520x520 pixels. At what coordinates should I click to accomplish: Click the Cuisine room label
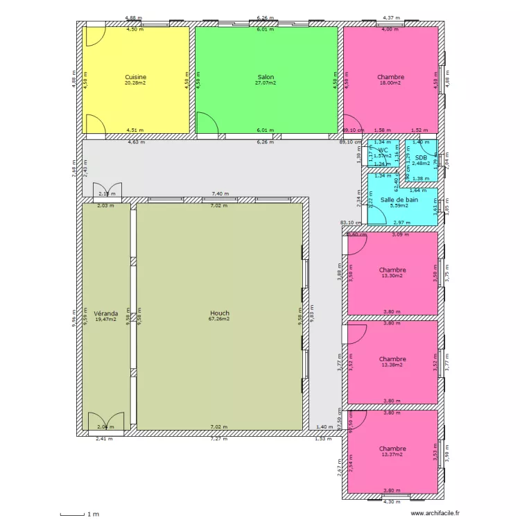tap(135, 77)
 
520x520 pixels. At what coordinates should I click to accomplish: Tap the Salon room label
tap(266, 77)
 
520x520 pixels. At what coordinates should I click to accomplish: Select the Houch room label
tap(219, 313)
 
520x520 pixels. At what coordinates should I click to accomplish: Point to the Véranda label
tap(106, 313)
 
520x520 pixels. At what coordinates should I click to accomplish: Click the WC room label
tap(383, 150)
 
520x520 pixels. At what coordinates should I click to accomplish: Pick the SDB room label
tap(422, 157)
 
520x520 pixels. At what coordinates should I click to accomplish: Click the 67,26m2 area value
tap(219, 319)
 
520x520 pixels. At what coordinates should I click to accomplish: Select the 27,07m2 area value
tap(266, 83)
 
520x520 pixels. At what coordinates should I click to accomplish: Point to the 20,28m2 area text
tap(135, 83)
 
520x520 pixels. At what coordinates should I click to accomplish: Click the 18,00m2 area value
tap(391, 83)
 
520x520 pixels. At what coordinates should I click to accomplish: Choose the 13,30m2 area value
tap(392, 276)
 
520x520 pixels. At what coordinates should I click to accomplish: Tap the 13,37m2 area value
tap(392, 454)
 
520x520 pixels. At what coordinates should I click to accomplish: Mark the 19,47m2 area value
tap(106, 320)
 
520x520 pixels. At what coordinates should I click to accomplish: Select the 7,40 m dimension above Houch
tap(219, 195)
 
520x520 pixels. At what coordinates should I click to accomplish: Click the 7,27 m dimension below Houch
tap(219, 439)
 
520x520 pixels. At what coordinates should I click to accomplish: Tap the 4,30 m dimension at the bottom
tap(392, 501)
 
